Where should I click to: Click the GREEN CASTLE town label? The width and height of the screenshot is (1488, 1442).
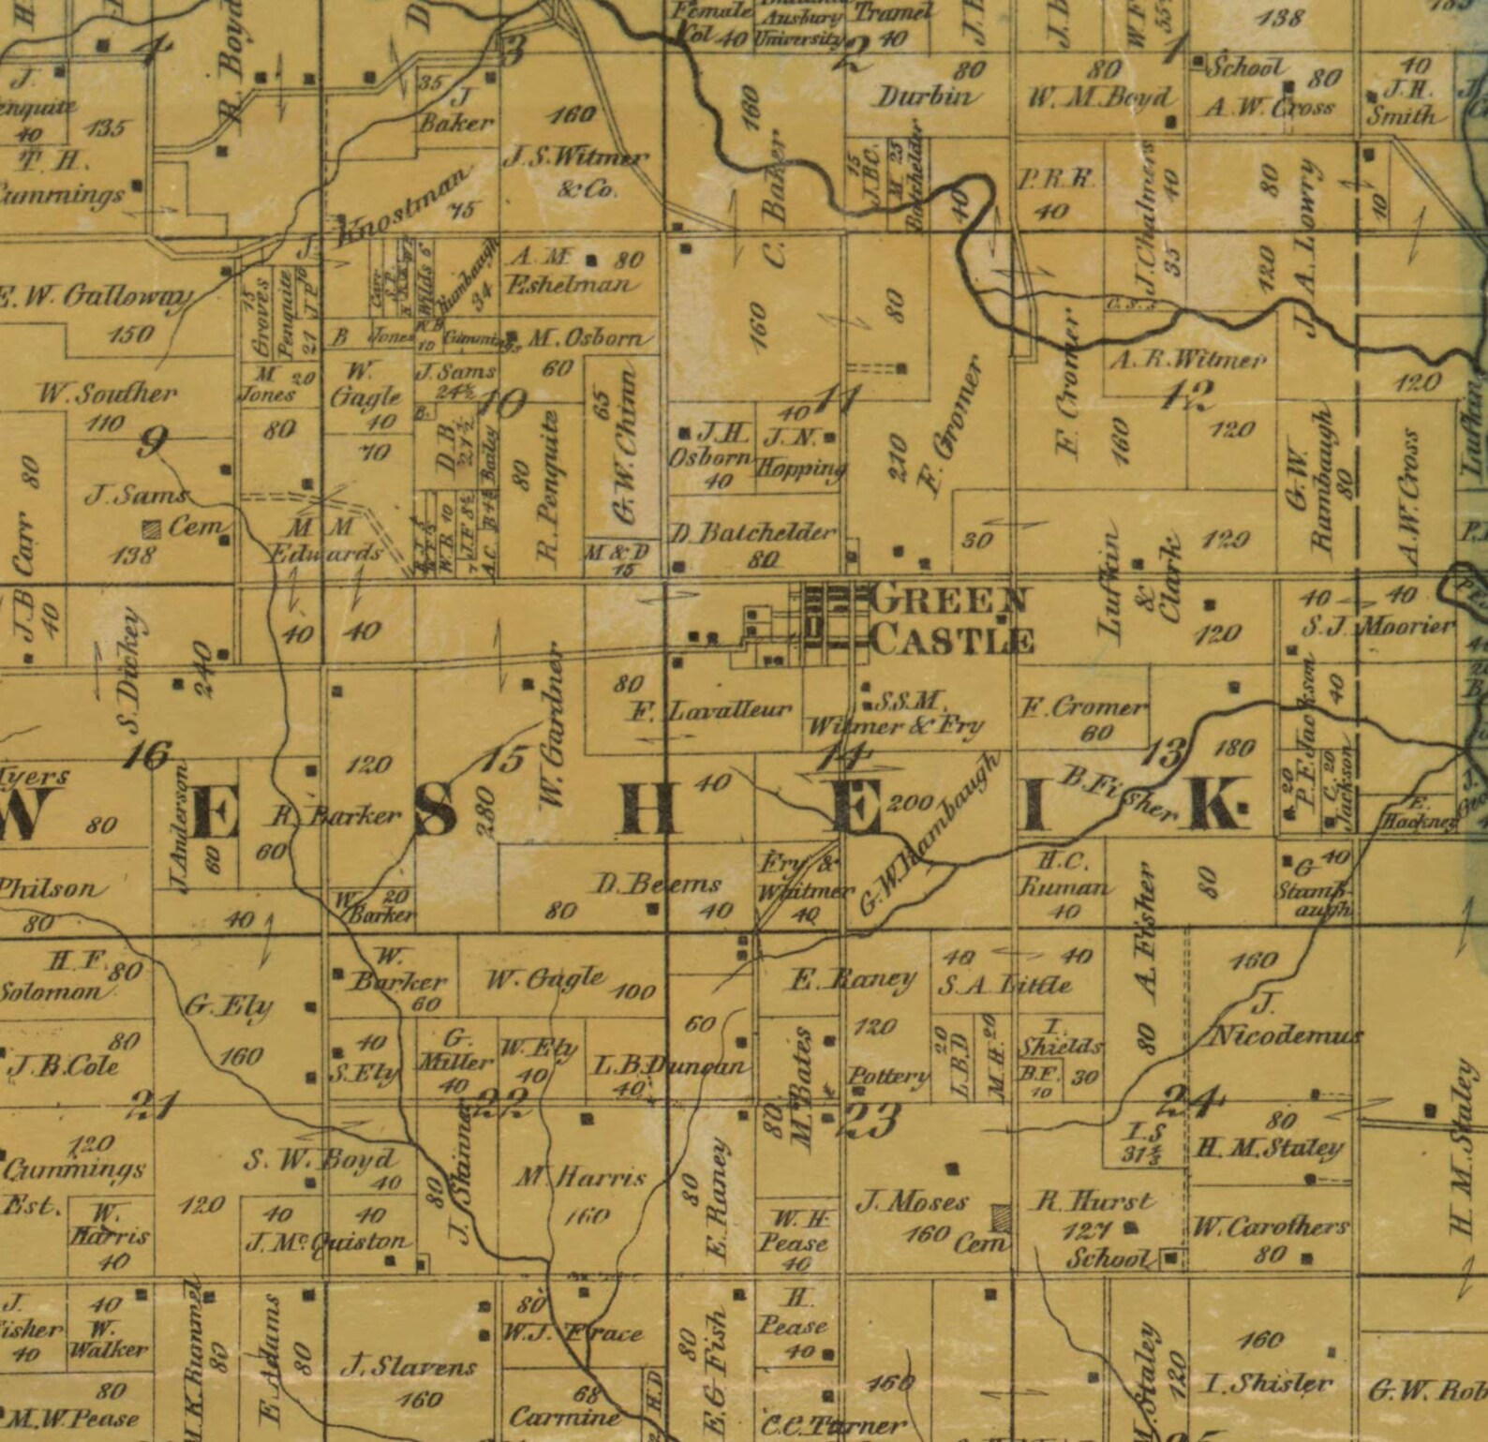[x=951, y=620]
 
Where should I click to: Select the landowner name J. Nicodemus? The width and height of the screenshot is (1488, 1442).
[x=1284, y=1021]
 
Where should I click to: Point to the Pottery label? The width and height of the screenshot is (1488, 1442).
[x=888, y=1075]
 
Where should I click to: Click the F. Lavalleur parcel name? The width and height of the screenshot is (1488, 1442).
[x=709, y=711]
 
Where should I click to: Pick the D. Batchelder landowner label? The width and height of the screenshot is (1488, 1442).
[x=752, y=533]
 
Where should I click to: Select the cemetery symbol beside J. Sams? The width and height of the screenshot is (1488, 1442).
[x=150, y=528]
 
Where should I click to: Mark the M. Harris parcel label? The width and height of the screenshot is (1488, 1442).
[x=581, y=1177]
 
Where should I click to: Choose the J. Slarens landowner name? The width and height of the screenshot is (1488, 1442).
[x=409, y=1367]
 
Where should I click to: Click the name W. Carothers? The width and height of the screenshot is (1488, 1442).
[x=1270, y=1226]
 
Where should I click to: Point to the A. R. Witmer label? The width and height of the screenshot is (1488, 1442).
[x=1187, y=359]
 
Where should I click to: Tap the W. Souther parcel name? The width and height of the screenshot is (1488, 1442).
[x=106, y=393]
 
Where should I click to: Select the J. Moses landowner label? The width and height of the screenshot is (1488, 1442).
[x=913, y=1201]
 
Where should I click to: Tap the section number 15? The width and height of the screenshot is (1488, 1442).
[x=504, y=758]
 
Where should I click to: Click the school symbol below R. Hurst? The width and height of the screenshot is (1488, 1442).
[x=1170, y=1257]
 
